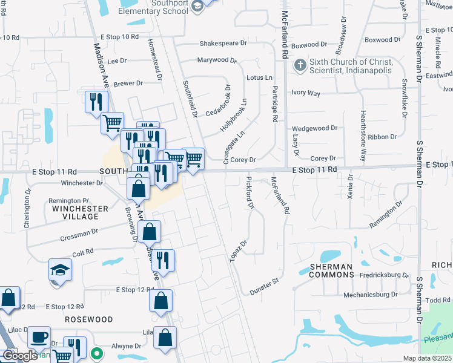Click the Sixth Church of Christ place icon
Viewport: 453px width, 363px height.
[300, 65]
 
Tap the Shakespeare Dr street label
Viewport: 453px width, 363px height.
[223, 44]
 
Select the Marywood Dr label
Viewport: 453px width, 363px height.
[216, 60]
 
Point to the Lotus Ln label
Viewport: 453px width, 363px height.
[259, 78]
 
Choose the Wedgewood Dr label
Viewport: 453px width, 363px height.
[314, 128]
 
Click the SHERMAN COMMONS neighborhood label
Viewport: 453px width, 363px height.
[331, 270]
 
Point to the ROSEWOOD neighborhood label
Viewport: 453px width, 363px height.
[89, 319]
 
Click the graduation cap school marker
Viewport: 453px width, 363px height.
[60, 269]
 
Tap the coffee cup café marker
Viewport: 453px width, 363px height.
[39, 337]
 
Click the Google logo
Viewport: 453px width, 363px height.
[19, 355]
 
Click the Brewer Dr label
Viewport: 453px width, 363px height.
[128, 83]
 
